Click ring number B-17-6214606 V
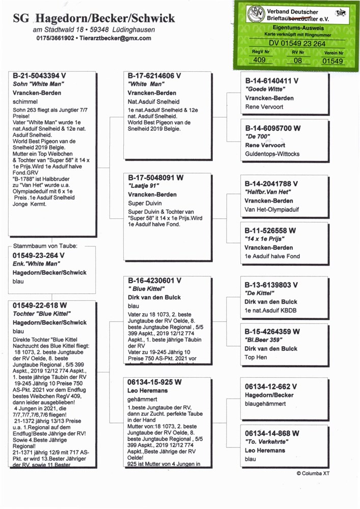(154, 76)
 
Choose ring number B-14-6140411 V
(271, 80)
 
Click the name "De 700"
(258, 137)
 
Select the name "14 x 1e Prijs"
(265, 239)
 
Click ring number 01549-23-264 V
(39, 256)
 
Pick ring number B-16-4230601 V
(154, 280)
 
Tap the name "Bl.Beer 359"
(264, 340)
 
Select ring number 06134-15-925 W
(154, 382)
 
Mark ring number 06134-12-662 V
(271, 386)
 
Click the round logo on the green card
(256, 13)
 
